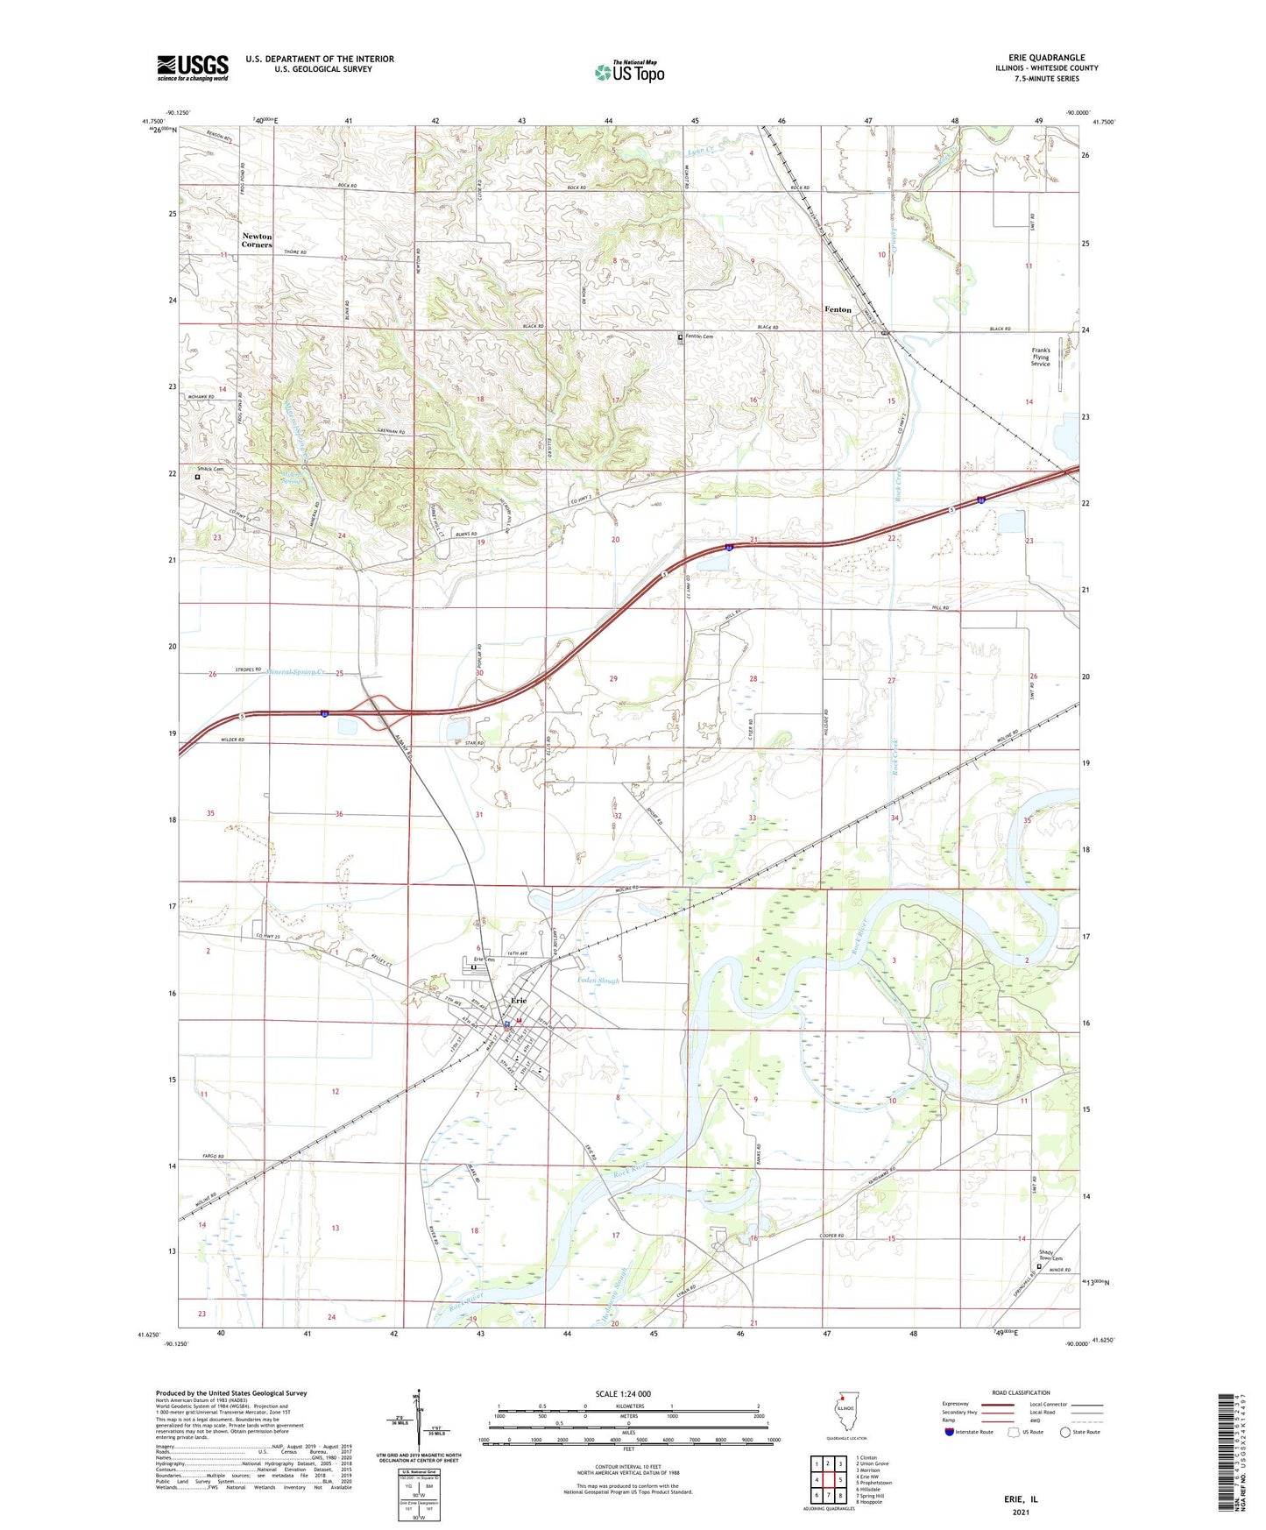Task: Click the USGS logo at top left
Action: click(x=193, y=67)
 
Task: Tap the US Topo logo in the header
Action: click(x=629, y=72)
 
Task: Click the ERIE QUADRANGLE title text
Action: click(x=1046, y=58)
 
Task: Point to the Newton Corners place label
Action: click(x=257, y=240)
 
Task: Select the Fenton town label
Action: click(x=838, y=309)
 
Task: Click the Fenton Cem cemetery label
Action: click(x=698, y=336)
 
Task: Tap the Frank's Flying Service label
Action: click(x=1040, y=357)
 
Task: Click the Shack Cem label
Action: click(x=210, y=469)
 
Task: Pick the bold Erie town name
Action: click(x=520, y=1001)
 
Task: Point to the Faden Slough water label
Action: click(x=598, y=980)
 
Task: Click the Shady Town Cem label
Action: click(x=1050, y=1256)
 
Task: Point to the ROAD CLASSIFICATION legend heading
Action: click(x=1021, y=1392)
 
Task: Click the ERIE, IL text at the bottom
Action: click(x=1020, y=1499)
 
